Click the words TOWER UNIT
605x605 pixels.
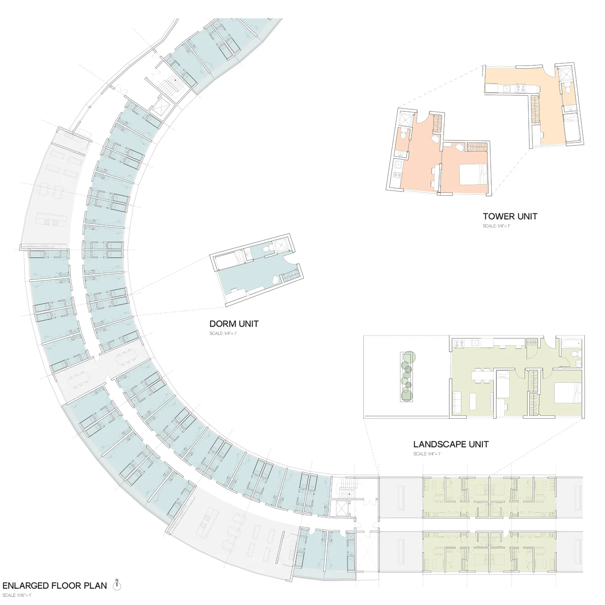point(510,217)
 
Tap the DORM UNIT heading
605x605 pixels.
point(234,324)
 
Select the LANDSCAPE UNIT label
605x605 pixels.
point(451,444)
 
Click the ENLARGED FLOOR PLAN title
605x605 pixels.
point(55,586)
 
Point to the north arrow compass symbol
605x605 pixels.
point(117,585)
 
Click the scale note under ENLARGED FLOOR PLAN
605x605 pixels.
point(17,595)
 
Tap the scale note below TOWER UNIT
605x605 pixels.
point(496,226)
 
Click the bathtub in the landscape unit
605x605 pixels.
point(572,344)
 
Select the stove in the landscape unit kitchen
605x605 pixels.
point(459,344)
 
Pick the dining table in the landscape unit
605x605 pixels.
point(482,375)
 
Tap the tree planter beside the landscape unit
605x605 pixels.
point(407,376)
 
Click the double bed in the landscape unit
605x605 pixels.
point(567,392)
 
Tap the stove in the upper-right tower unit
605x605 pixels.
point(520,88)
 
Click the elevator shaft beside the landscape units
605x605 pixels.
point(342,509)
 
